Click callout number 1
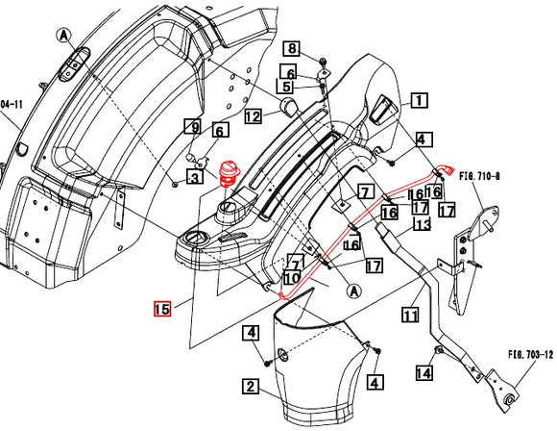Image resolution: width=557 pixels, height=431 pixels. [x=419, y=99]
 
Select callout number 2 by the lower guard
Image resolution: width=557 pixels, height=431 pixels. [x=250, y=388]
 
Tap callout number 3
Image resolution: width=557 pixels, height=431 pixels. [x=193, y=177]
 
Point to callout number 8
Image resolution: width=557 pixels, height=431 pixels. [x=291, y=49]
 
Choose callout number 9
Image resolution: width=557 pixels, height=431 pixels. [x=193, y=126]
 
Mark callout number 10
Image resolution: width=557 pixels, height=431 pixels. [x=292, y=278]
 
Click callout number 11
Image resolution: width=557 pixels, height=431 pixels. [x=410, y=315]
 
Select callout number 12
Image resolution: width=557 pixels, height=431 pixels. [x=253, y=116]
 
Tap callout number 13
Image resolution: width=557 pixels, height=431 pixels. [x=421, y=224]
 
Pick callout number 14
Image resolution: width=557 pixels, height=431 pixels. [x=423, y=371]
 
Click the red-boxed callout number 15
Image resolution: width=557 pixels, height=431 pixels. [x=161, y=309]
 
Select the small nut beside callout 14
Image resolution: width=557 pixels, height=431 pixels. [x=439, y=352]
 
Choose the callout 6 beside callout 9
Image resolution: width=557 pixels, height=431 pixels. [x=220, y=131]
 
